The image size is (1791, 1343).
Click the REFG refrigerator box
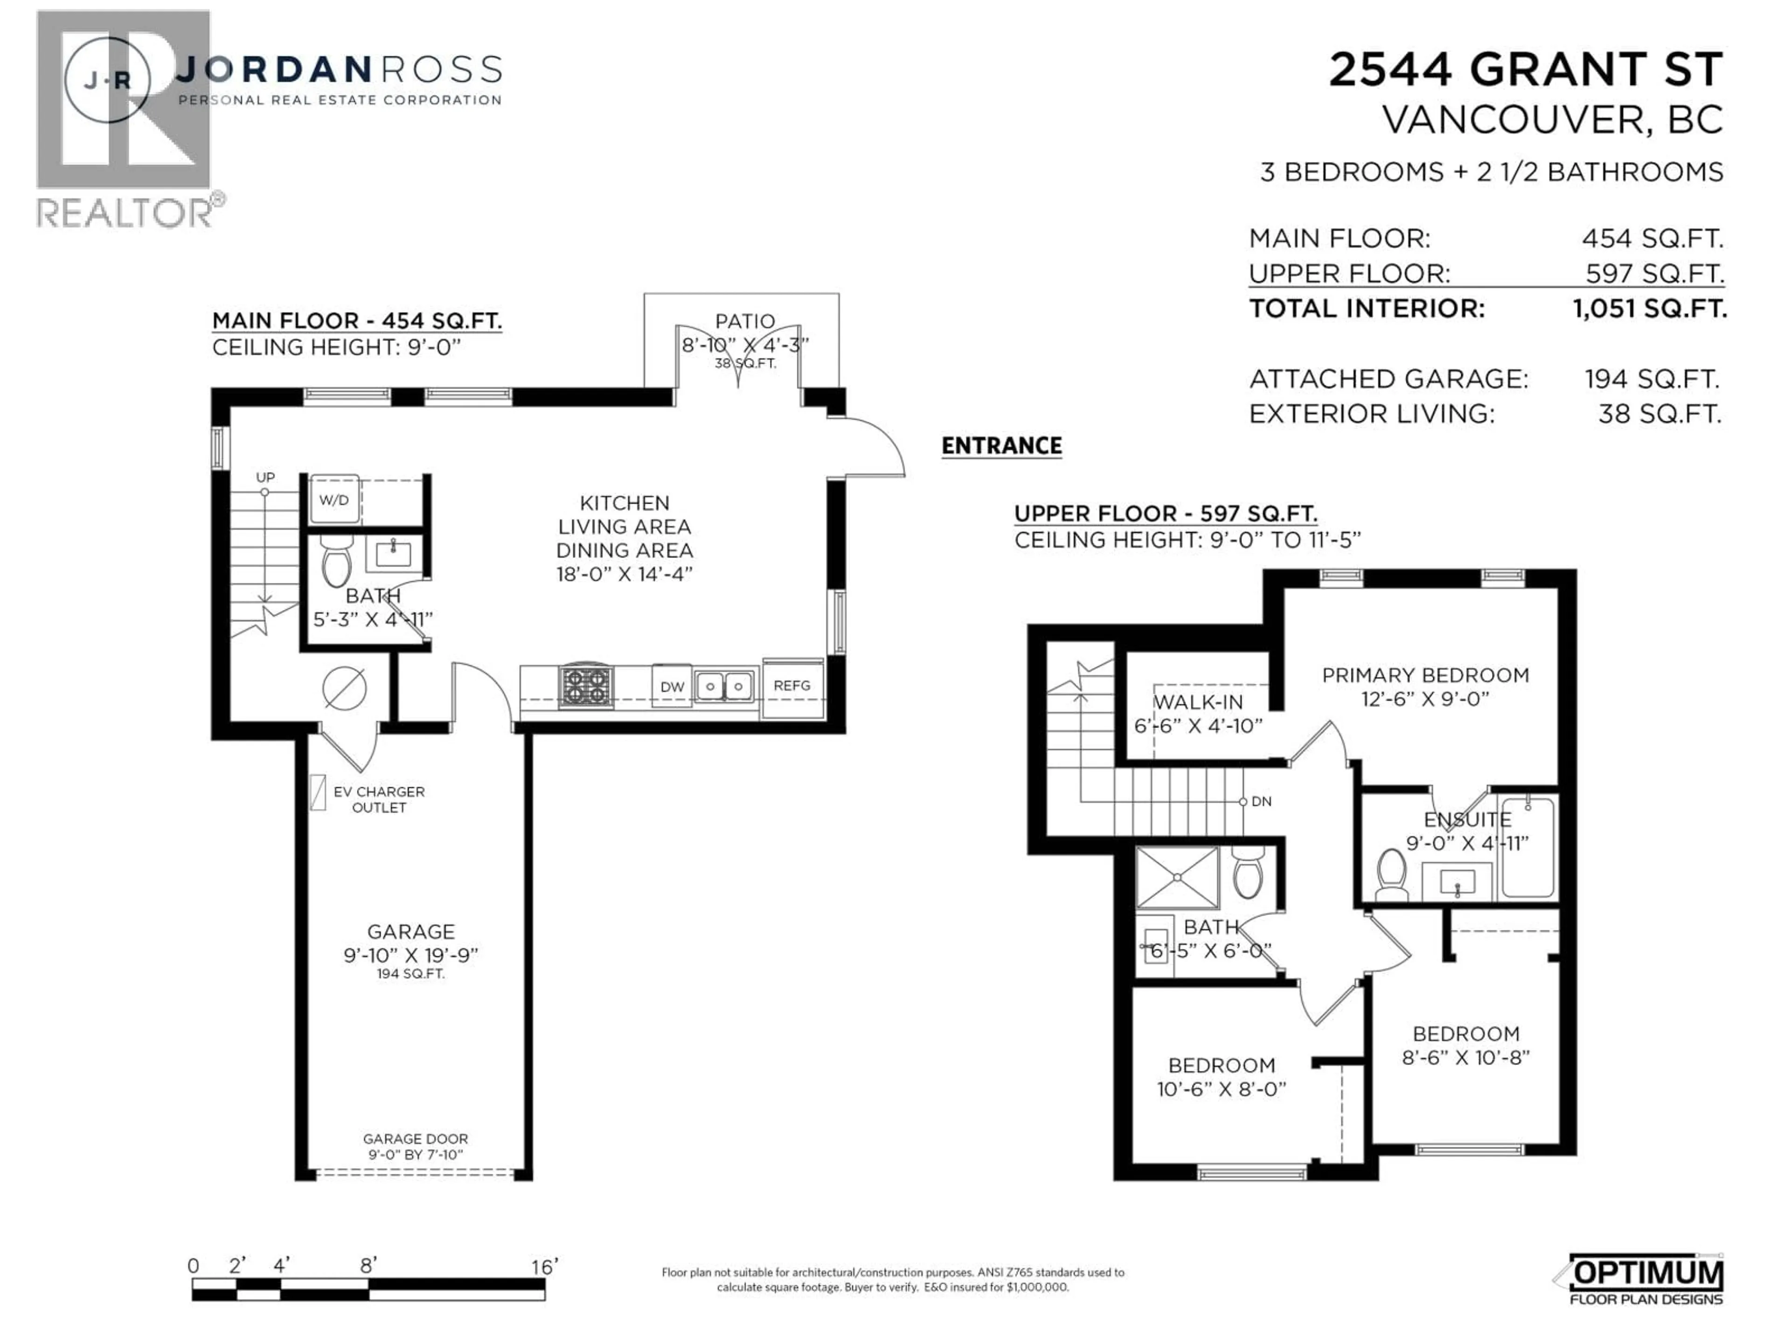792,685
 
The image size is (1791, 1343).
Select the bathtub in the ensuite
1527,848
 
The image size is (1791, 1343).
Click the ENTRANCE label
1001,446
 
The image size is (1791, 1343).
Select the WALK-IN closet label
1198,702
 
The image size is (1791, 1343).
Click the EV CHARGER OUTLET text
378,799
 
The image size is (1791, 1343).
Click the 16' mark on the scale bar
544,1266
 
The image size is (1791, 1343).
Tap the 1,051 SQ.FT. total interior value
1648,308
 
